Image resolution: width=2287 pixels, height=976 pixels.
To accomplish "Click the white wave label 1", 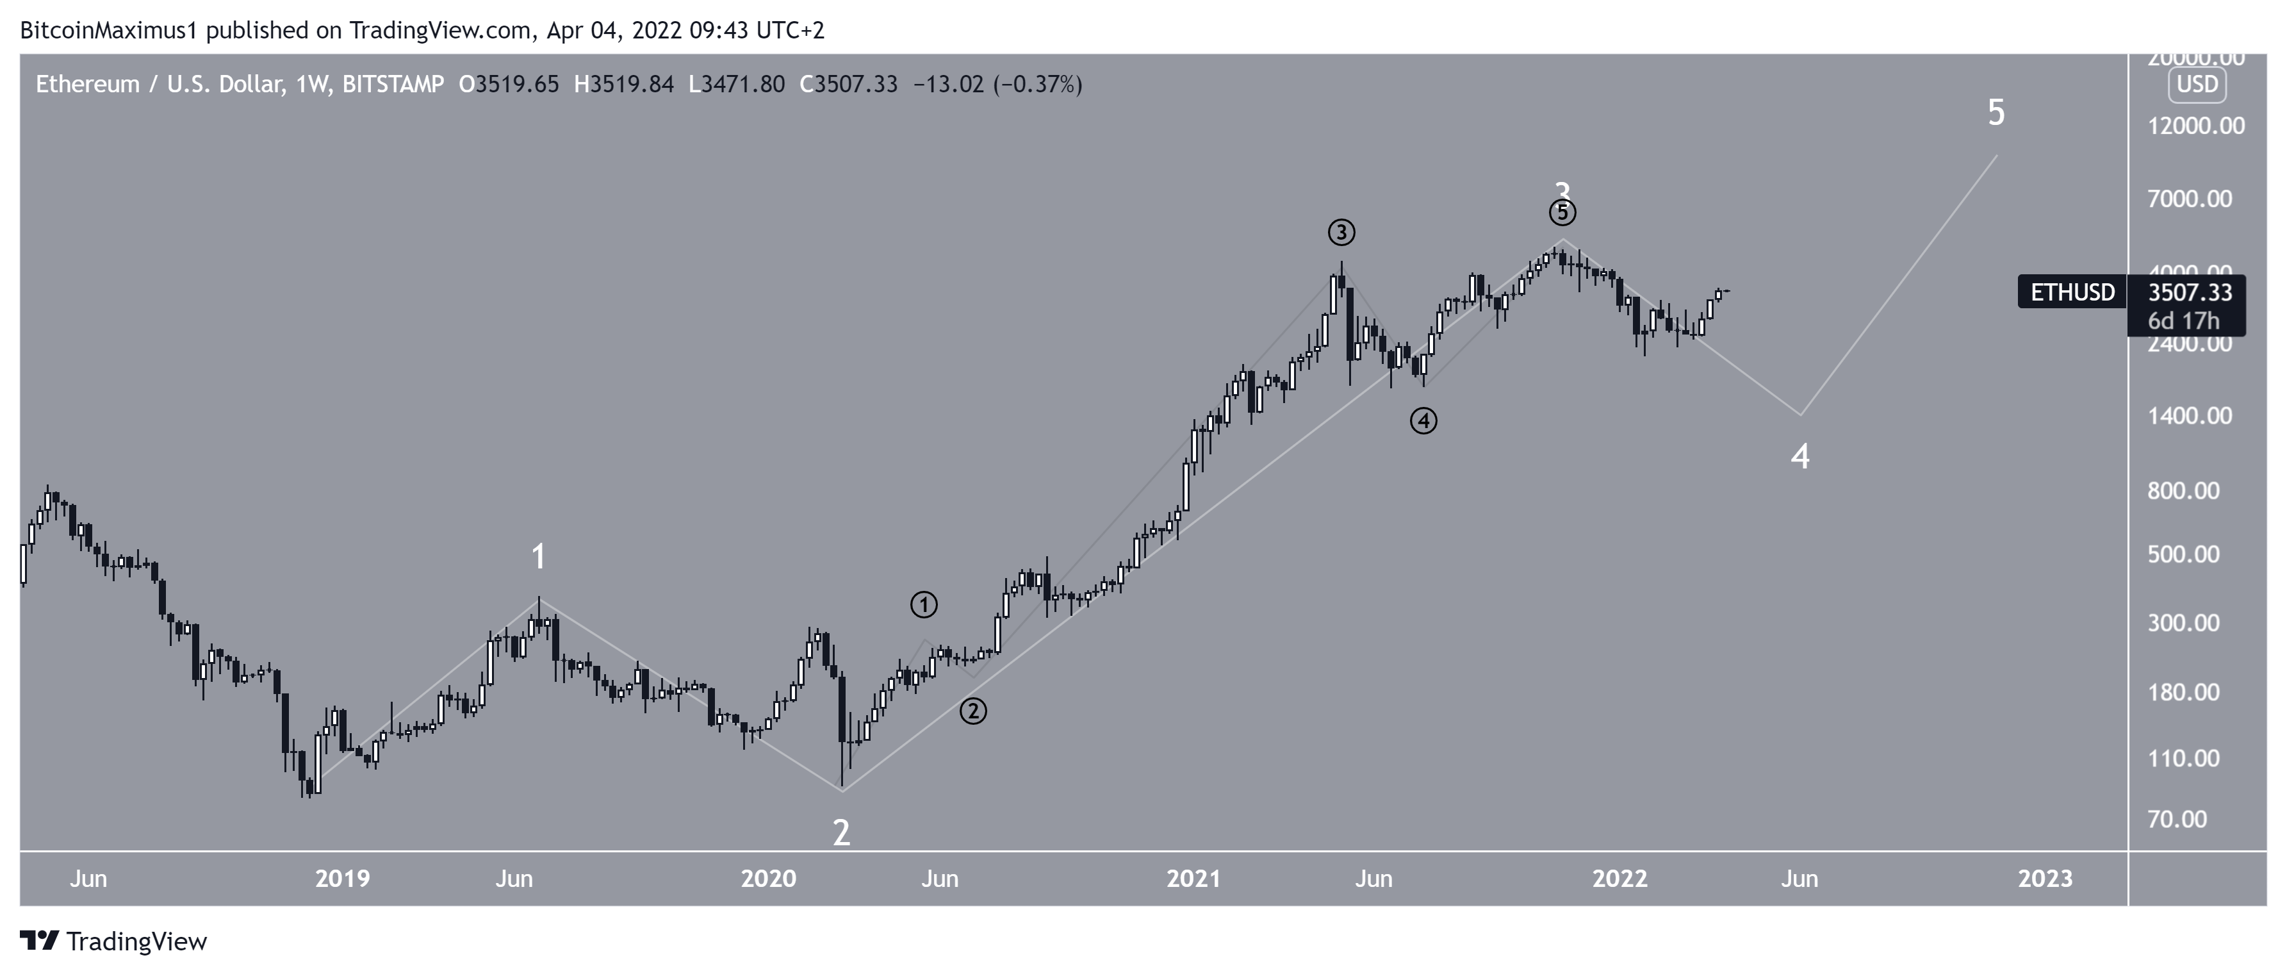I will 538,558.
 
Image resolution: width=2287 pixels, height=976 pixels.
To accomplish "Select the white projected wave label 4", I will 1799,456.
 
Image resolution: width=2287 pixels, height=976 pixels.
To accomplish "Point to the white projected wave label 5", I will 1996,113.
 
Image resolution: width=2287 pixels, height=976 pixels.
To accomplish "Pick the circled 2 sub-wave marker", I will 973,711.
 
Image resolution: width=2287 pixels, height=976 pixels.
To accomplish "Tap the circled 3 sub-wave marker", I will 1341,233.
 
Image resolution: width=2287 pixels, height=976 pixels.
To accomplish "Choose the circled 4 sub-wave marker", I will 1423,421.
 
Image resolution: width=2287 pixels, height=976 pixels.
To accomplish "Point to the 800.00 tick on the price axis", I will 2183,491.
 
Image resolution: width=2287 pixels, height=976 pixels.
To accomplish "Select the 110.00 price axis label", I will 2183,758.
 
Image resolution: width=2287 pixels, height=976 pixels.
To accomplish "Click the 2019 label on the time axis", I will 343,879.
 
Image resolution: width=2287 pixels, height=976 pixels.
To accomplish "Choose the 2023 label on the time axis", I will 2045,879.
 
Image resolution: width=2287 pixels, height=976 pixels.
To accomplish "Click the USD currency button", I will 2197,85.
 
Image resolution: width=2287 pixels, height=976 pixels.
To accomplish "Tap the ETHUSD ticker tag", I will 2072,292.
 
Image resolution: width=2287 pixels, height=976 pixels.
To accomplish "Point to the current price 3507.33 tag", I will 2190,292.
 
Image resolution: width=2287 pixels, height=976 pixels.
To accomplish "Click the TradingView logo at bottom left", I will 113,941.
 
